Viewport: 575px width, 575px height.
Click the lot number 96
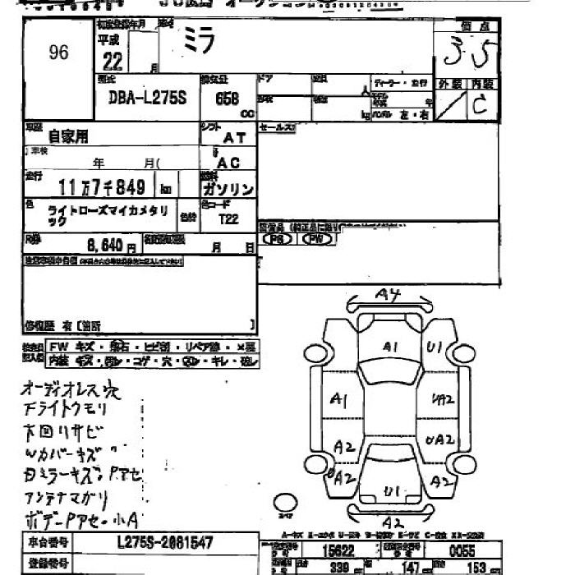(58, 53)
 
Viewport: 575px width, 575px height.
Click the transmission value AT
(234, 140)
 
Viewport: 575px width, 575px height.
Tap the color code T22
(230, 219)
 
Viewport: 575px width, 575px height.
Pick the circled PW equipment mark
(316, 239)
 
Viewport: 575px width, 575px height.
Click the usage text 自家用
(68, 136)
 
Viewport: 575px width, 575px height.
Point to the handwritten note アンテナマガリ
(64, 498)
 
